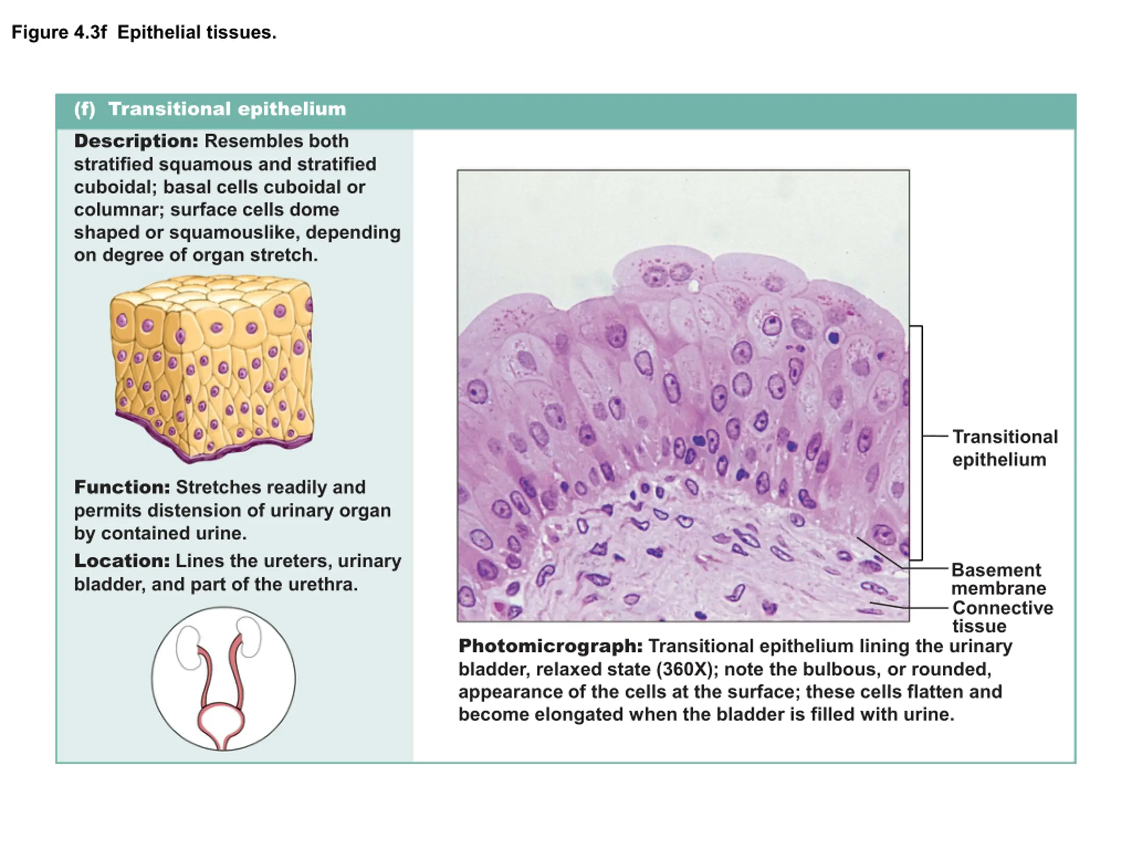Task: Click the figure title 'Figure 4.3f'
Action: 59,32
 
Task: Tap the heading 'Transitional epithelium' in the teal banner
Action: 227,109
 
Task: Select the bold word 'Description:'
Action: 136,141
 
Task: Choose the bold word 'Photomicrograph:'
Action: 551,646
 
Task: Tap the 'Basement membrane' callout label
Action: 998,579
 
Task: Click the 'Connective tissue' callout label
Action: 1002,617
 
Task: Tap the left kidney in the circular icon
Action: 188,647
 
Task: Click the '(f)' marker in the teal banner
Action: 85,109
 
